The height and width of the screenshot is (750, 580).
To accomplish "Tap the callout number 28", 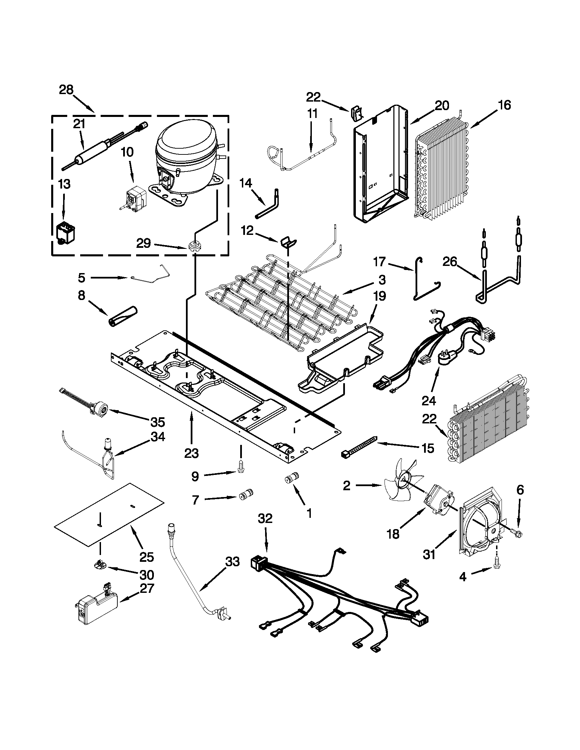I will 66,90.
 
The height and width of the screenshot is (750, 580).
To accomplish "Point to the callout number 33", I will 232,563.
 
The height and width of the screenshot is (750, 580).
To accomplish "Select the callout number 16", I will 504,105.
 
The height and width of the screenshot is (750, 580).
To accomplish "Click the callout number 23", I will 191,453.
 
